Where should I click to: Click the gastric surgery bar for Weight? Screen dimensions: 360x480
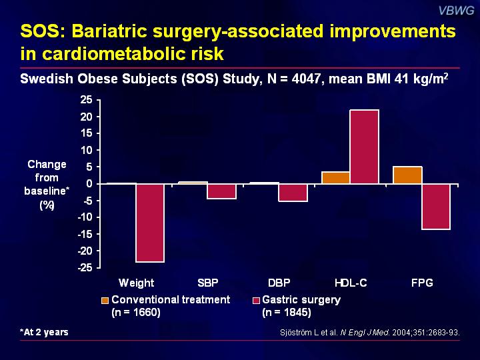150,223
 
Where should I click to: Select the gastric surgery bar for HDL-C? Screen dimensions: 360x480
364,147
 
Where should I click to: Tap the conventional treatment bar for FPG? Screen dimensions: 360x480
407,175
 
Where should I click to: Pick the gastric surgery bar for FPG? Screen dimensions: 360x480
436,206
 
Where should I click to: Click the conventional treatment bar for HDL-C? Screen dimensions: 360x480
335,177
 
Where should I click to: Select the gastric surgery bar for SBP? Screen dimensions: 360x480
222,191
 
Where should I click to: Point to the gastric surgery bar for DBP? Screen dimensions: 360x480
293,192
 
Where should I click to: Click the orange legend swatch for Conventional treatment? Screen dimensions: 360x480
105,300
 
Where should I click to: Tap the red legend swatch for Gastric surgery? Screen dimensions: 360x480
257,300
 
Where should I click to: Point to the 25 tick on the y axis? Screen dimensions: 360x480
85,99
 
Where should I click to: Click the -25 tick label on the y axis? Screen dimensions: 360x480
83,267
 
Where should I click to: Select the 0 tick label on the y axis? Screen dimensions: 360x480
89,183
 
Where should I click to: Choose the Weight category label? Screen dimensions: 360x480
136,283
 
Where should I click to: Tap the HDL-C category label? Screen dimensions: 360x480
350,283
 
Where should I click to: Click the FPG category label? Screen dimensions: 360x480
421,283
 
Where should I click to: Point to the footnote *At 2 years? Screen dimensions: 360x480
44,332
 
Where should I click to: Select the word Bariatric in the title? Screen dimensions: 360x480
109,32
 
